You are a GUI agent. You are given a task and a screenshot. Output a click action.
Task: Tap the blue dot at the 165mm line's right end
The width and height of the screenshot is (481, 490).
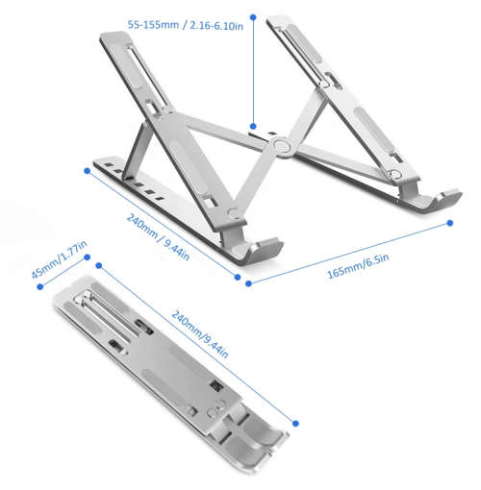[452, 224]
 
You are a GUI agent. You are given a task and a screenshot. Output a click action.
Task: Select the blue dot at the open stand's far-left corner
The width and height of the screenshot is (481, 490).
[88, 171]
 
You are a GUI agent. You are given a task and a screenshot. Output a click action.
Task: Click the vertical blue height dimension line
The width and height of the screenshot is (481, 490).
[253, 72]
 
